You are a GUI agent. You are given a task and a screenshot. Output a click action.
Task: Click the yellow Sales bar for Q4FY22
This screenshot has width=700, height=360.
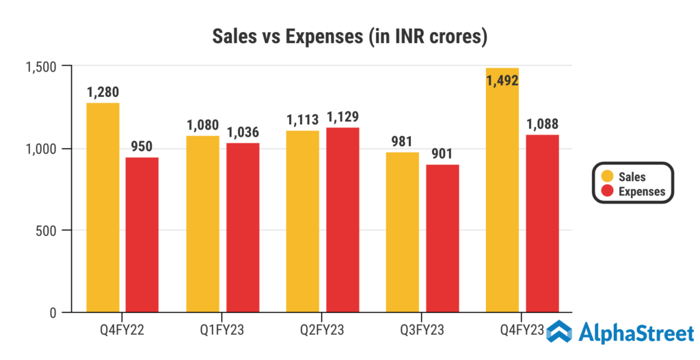pos(103,208)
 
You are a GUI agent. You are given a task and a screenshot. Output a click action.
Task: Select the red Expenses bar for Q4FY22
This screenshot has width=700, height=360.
pos(142,235)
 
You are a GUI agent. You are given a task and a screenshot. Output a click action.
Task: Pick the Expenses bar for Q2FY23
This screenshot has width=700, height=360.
pos(342,220)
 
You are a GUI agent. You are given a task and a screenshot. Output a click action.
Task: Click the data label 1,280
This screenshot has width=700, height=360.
pos(103,92)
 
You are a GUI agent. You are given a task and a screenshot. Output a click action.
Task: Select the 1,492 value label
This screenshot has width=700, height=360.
pos(502,81)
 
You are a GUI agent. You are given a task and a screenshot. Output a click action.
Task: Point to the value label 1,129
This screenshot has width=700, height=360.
pos(342,116)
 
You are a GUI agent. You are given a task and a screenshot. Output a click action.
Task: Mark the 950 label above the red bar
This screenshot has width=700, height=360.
pos(142,146)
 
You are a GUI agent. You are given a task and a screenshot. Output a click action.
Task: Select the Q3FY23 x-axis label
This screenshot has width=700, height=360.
pos(422,331)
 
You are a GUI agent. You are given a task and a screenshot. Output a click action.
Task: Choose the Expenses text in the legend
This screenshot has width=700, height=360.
pos(641,192)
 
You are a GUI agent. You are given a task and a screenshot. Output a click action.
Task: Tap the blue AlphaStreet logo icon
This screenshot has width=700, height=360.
pos(559,333)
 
